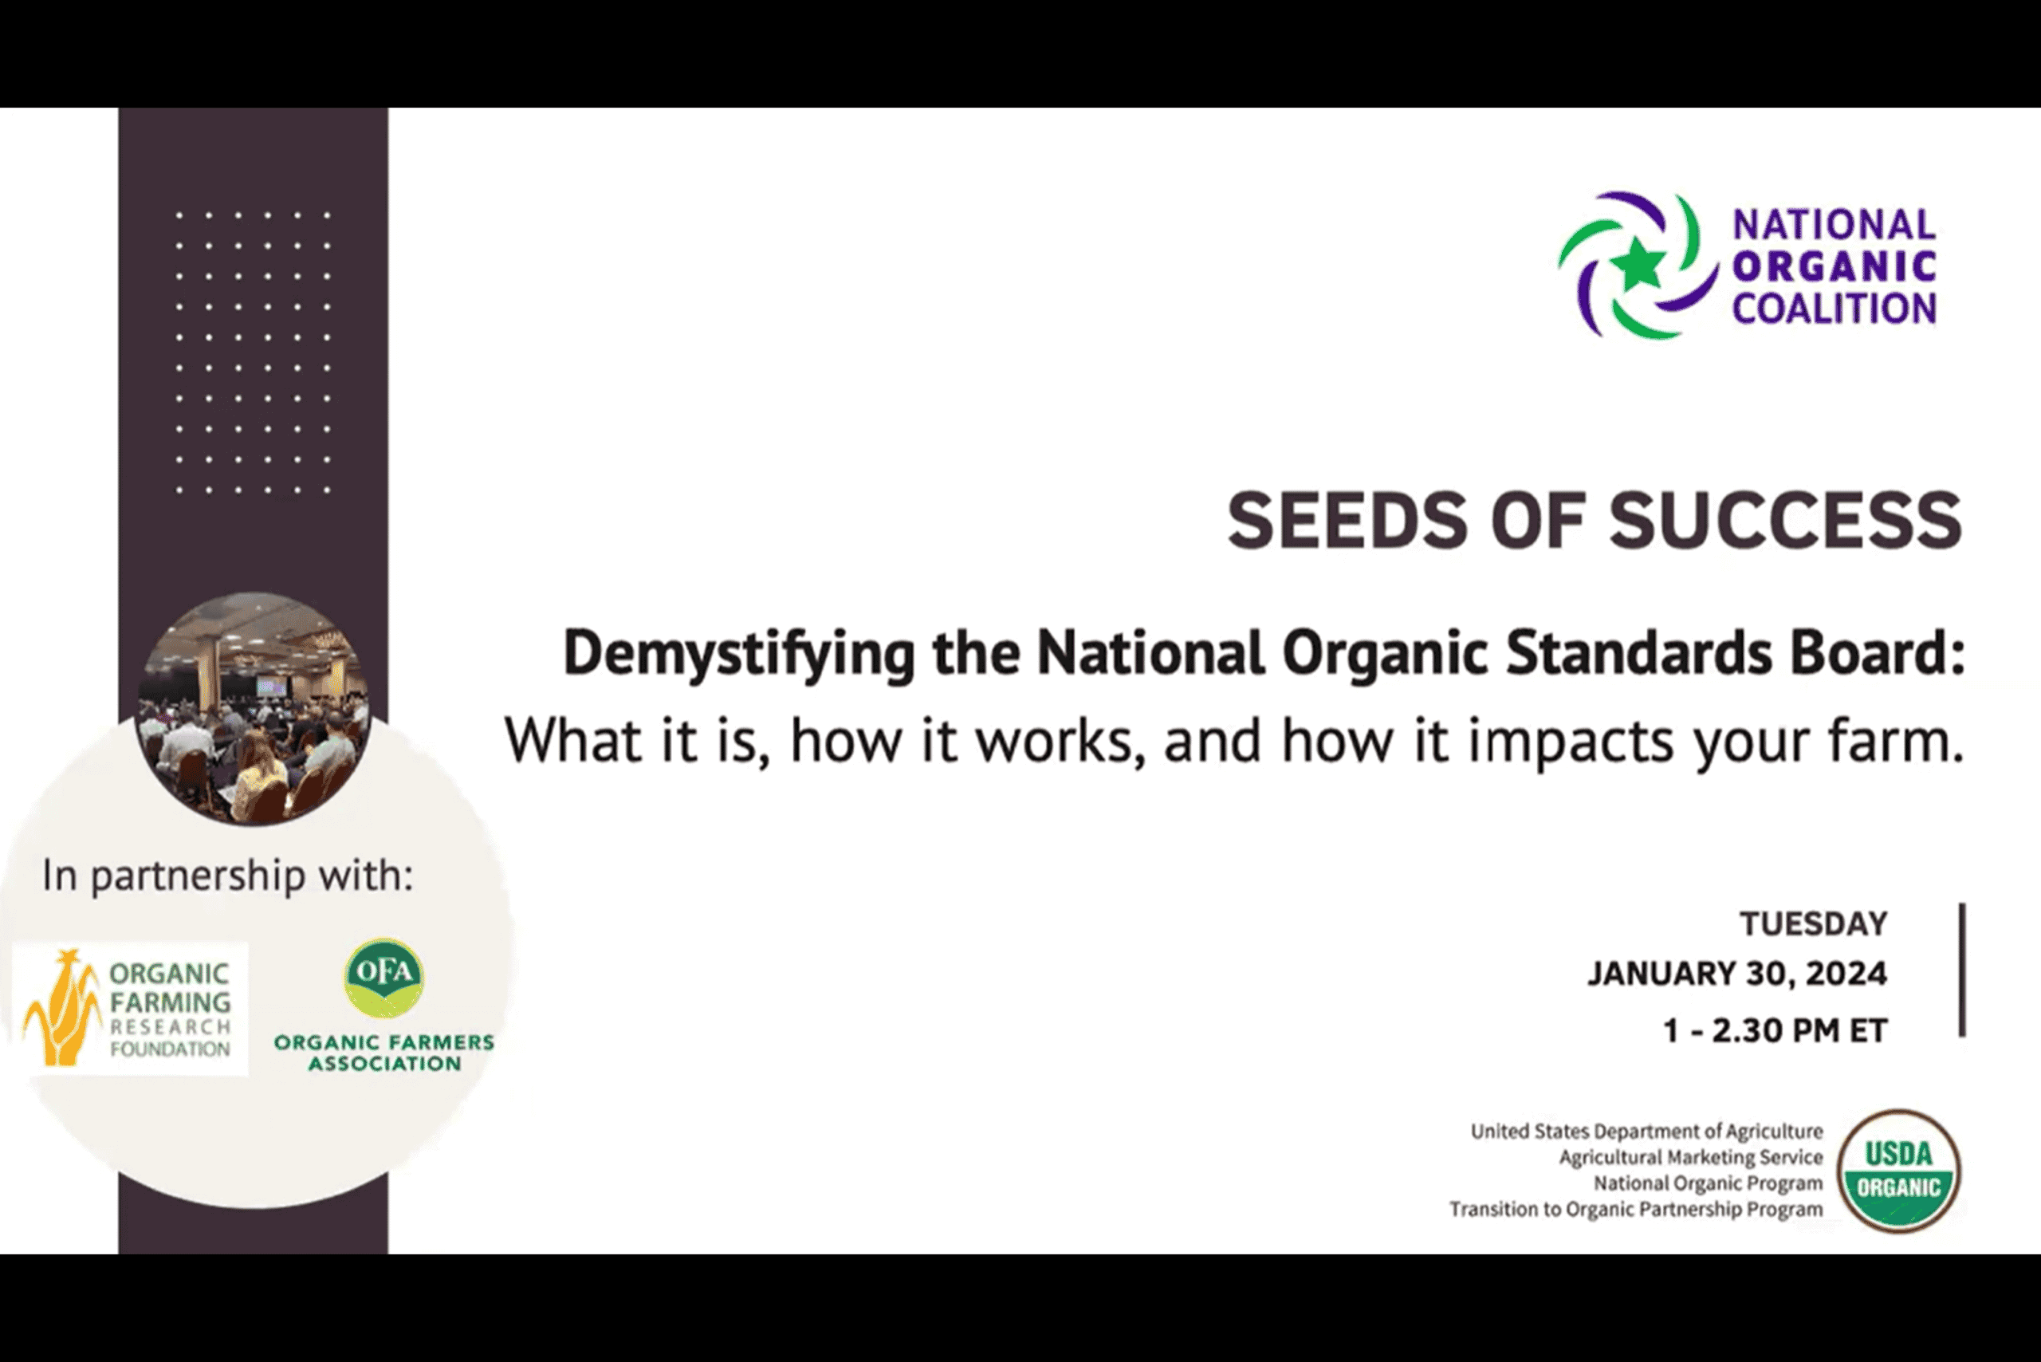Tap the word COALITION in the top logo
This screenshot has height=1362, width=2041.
1835,309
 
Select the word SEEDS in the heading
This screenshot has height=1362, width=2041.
1347,520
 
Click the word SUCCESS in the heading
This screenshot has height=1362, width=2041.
1786,520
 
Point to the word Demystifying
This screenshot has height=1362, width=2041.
739,654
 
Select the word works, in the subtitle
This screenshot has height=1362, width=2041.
1060,741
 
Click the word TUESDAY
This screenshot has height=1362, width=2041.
1814,923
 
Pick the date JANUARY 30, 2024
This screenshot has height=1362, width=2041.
1738,974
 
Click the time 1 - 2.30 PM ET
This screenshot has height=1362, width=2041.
1776,1031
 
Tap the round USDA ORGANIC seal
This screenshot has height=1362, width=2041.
1898,1171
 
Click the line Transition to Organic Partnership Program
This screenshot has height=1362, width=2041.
1636,1210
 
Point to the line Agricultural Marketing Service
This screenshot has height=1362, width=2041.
1691,1158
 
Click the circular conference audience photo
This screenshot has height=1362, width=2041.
254,709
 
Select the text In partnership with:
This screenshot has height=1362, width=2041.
227,876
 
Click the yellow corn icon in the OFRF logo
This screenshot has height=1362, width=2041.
61,1008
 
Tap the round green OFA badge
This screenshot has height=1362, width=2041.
383,977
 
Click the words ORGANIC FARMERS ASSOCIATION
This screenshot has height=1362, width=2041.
383,1053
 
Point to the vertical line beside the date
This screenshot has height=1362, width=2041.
1963,970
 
